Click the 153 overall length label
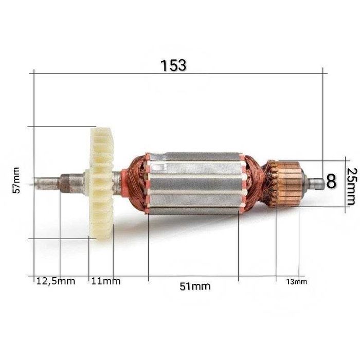(173, 65)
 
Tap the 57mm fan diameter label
(16, 180)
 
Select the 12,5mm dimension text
(56, 281)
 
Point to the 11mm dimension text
(106, 281)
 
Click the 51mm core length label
(195, 286)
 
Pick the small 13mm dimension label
(296, 281)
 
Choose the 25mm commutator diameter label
(352, 186)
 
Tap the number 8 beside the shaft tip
(331, 181)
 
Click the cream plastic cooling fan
(101, 183)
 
